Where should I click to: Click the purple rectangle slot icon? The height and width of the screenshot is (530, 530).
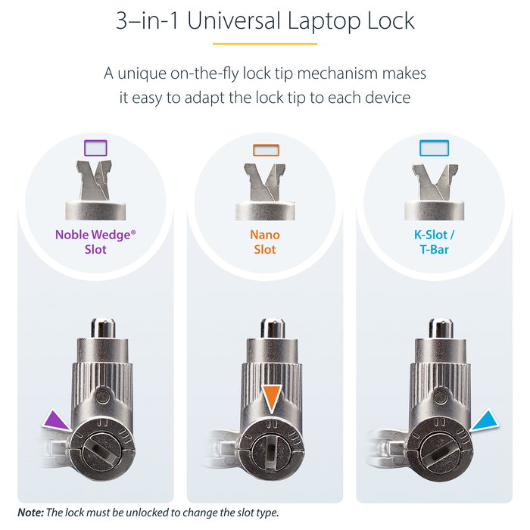tap(95, 147)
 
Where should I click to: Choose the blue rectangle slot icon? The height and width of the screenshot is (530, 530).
tap(434, 147)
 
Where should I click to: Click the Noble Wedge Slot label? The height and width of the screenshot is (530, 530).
tap(95, 242)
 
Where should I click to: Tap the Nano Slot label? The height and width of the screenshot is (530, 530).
tap(265, 242)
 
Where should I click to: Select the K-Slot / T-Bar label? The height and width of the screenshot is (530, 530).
tap(434, 242)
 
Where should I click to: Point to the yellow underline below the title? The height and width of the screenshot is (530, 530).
tap(265, 43)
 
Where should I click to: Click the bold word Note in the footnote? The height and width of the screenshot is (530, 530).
tap(30, 513)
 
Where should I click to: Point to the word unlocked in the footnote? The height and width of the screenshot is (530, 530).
tap(152, 513)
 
